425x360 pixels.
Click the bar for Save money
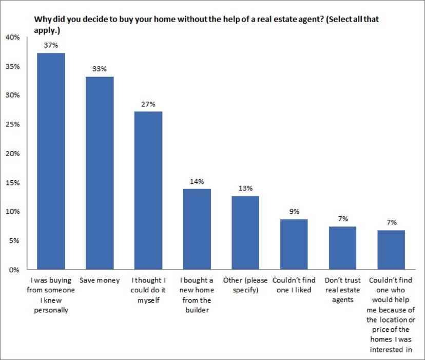pos(100,173)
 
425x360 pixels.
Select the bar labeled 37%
pos(50,161)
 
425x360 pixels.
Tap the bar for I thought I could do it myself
pos(148,190)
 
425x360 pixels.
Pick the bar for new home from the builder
pos(198,229)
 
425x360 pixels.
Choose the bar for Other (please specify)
pos(245,233)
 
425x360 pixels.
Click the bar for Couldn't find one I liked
pos(294,244)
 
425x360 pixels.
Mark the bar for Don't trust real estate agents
pos(342,248)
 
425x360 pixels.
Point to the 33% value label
pos(100,69)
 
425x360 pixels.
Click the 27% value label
pos(148,104)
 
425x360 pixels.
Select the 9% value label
pos(294,212)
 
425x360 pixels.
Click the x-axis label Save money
pos(100,280)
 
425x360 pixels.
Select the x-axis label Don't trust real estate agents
pos(342,290)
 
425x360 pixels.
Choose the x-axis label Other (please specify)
pos(245,285)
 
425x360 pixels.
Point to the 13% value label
pos(245,188)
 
